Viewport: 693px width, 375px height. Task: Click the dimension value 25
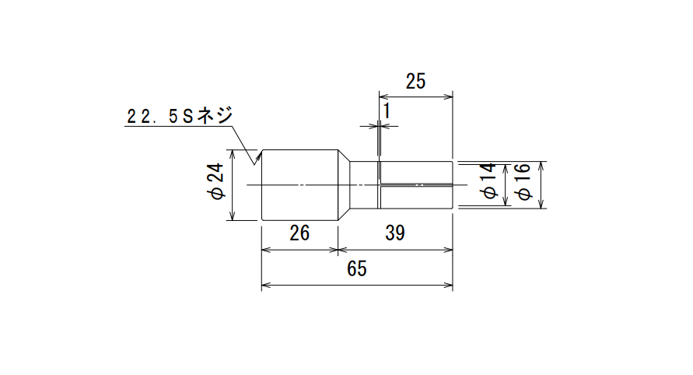(415, 82)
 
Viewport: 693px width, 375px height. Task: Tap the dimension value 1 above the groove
(387, 111)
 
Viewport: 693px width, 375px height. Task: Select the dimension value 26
(299, 233)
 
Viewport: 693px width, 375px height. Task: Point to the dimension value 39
(394, 233)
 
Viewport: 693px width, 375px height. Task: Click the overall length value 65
(357, 268)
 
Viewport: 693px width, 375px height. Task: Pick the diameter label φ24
(216, 181)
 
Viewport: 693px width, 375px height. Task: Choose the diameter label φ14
(489, 180)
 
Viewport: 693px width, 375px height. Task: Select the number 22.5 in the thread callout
(152, 117)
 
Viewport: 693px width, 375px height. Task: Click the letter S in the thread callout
(187, 117)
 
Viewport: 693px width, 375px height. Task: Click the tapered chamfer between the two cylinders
(344, 185)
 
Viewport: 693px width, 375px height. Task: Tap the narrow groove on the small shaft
(379, 185)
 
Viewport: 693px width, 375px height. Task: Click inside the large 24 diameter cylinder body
(299, 185)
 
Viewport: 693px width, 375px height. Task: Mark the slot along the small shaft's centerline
(416, 184)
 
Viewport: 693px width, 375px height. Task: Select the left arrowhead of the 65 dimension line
(265, 286)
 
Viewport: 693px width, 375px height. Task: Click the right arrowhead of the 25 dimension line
(449, 96)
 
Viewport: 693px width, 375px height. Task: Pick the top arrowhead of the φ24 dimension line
(233, 154)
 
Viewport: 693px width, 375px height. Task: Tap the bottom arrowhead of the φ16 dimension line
(540, 204)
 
